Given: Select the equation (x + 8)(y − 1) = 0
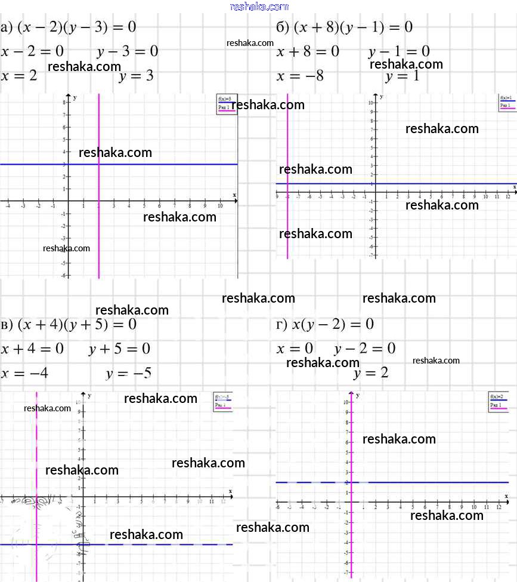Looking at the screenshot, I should (x=352, y=27).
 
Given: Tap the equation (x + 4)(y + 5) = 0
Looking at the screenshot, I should (x=77, y=324).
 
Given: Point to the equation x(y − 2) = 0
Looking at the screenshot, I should (x=333, y=324).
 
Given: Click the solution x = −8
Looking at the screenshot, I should (x=300, y=76).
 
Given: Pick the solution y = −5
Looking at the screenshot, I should (x=128, y=374).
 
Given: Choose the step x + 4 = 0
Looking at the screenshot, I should (x=32, y=349).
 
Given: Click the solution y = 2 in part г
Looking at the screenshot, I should (x=370, y=373).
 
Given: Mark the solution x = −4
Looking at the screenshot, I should (x=25, y=374).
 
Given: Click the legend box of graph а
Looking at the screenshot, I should (x=226, y=103).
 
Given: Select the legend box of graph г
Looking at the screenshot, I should (x=499, y=401).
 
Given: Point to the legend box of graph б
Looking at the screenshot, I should (x=507, y=101).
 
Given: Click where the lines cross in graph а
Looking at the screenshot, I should (x=98, y=164).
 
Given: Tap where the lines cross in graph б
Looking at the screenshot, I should (x=287, y=184).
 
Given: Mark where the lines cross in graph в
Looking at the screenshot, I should (x=36, y=544).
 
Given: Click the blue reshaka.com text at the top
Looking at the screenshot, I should (x=259, y=7).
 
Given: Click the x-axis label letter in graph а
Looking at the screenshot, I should (x=234, y=195).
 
